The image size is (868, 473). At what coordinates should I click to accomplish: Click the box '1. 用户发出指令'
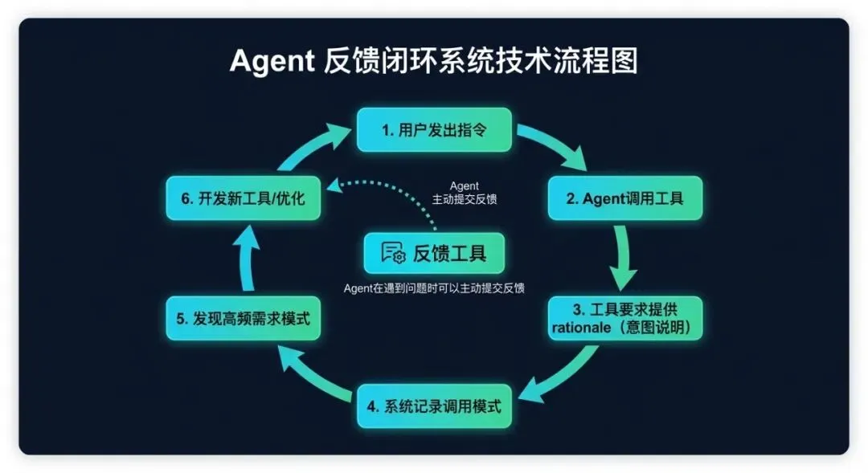434,129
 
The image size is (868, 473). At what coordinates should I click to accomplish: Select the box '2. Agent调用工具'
624,198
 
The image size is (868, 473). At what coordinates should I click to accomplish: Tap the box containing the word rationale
624,318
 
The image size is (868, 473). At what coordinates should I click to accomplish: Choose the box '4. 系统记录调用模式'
434,406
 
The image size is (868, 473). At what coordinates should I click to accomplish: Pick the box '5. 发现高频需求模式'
243,318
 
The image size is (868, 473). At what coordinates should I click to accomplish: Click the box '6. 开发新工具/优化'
243,198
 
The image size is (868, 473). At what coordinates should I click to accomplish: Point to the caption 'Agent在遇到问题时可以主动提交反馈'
434,288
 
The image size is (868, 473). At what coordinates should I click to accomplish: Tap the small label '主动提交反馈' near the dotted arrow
464,199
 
